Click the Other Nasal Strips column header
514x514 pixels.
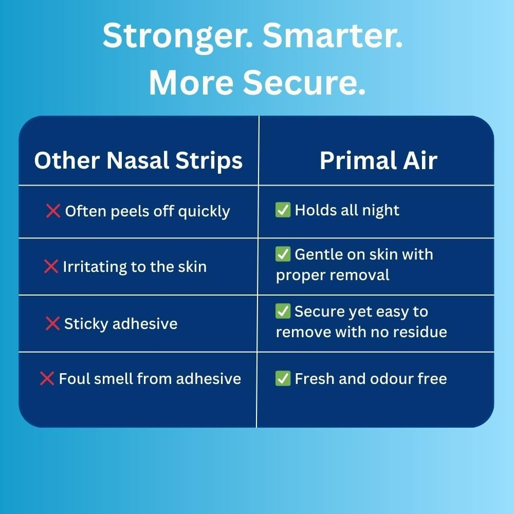(x=138, y=161)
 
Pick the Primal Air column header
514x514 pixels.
(x=378, y=161)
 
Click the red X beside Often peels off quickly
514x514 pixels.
(x=53, y=211)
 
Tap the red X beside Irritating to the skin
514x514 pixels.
(x=51, y=267)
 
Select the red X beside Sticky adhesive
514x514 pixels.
(x=52, y=324)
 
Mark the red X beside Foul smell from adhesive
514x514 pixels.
(x=47, y=379)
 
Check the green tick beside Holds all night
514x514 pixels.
(x=283, y=210)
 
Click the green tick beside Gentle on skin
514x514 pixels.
(x=283, y=254)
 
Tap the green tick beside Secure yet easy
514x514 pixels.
(x=283, y=311)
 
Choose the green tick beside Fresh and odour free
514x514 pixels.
(x=283, y=379)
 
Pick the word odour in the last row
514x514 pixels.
(x=390, y=379)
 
